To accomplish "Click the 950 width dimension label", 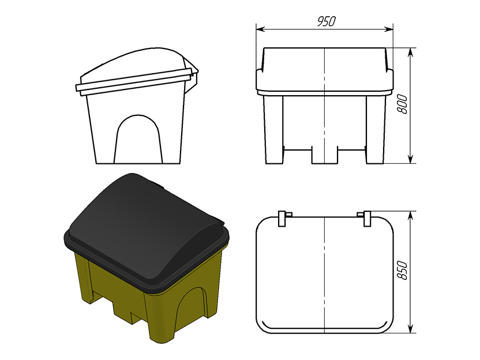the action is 327,21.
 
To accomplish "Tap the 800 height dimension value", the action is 403,104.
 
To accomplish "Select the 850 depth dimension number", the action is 403,271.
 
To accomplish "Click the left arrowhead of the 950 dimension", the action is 260,29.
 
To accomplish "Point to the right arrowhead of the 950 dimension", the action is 389,29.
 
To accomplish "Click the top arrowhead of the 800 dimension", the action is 411,52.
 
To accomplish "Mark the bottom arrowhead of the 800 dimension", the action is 411,159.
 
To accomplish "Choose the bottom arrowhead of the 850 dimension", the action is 411,328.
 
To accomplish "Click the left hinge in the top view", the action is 284,218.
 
